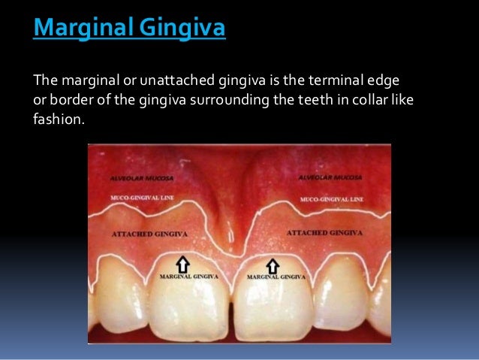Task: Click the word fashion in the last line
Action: (x=55, y=118)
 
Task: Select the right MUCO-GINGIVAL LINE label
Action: (x=331, y=200)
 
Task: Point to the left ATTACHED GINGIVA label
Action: (x=149, y=234)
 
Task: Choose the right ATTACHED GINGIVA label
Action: (x=324, y=233)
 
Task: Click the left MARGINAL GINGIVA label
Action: (x=188, y=277)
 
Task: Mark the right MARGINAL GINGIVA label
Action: (x=276, y=277)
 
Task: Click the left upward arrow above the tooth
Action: (x=182, y=264)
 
